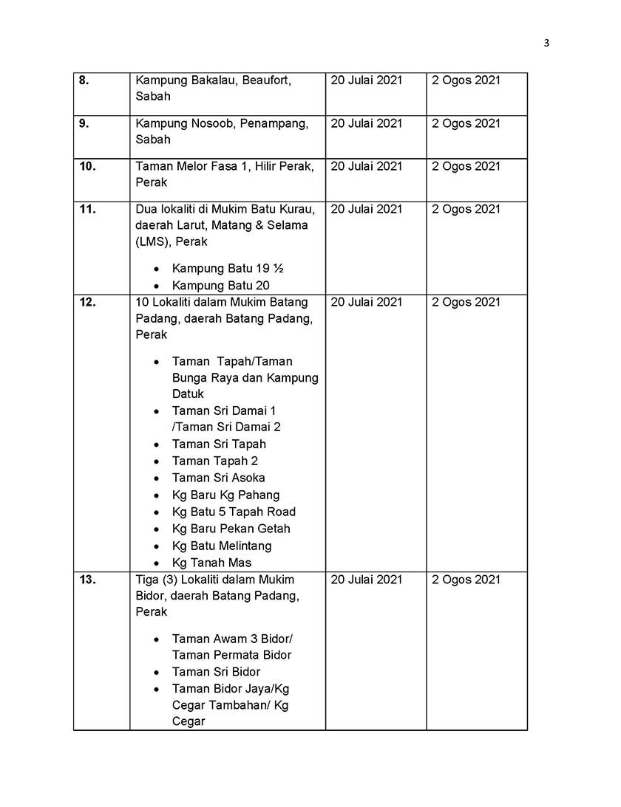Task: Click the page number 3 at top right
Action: (x=546, y=43)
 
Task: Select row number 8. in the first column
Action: (x=84, y=80)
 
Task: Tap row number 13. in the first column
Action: (x=87, y=580)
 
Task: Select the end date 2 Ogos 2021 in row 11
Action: (x=466, y=209)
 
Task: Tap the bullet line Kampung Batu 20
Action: (x=220, y=286)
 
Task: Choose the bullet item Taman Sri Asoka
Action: (x=218, y=478)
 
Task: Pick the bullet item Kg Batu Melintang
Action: (x=222, y=546)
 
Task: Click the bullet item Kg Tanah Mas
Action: (x=211, y=563)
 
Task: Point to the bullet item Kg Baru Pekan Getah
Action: (x=231, y=529)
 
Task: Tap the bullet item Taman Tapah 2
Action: (x=215, y=461)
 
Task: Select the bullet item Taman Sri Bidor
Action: (x=216, y=672)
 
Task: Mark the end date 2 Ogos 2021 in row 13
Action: (x=466, y=580)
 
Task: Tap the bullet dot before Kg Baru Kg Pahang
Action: (x=156, y=495)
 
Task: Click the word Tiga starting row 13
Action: (x=149, y=580)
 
